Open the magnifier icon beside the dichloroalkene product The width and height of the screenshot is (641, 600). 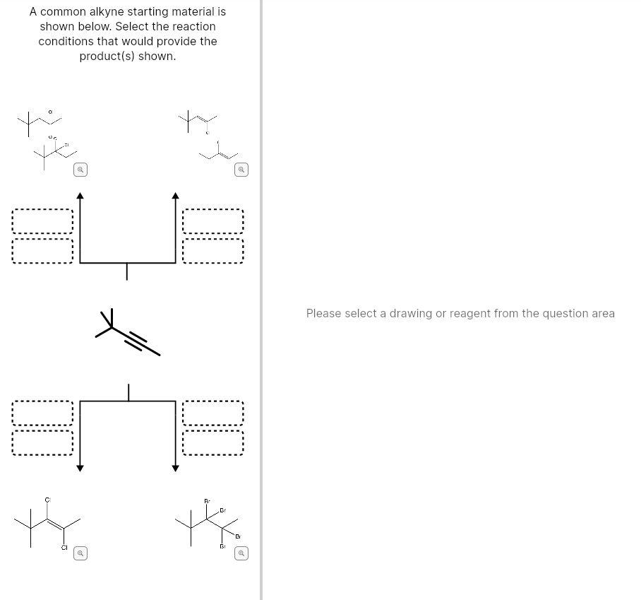point(80,553)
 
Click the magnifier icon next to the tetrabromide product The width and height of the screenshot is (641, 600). point(241,553)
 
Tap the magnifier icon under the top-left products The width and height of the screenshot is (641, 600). point(80,170)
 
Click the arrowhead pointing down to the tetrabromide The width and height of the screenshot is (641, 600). point(176,468)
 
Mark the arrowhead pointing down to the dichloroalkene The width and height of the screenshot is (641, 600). point(80,468)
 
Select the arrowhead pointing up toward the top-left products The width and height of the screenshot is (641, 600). point(80,196)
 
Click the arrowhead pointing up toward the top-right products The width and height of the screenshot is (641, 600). point(176,196)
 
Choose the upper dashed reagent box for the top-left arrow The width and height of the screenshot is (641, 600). point(42,221)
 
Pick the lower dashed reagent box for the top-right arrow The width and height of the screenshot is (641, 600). point(213,251)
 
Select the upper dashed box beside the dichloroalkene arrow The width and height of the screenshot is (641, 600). point(42,413)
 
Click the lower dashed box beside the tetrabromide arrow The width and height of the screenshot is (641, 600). point(213,443)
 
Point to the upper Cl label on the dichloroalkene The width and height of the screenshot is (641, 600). point(48,500)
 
